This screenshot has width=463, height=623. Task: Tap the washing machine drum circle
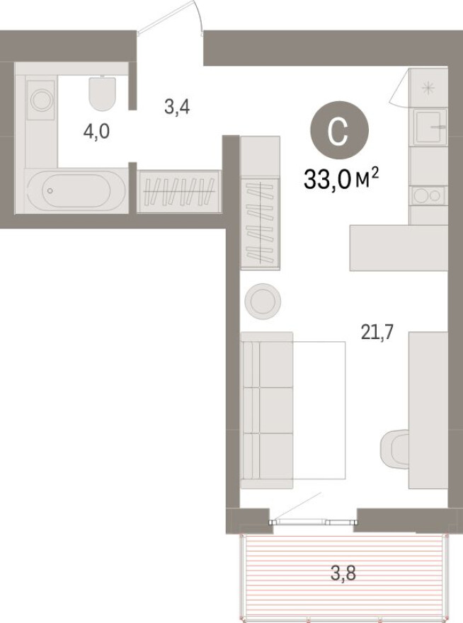(41, 100)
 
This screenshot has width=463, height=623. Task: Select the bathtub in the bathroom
(76, 190)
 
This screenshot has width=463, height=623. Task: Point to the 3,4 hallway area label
(177, 108)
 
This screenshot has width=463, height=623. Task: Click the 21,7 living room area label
(377, 331)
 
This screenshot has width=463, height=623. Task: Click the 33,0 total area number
(328, 180)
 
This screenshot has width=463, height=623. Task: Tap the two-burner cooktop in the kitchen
(428, 195)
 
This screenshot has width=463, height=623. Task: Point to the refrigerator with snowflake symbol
(428, 88)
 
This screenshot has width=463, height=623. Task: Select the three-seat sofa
(266, 410)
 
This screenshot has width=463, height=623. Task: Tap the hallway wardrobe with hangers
(180, 191)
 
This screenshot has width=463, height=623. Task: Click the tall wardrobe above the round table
(260, 202)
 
